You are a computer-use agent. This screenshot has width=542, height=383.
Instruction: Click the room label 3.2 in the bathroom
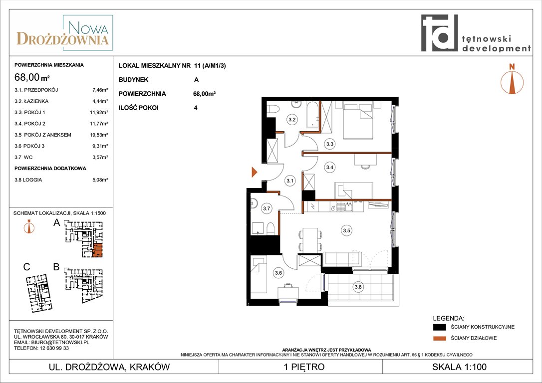click(x=292, y=120)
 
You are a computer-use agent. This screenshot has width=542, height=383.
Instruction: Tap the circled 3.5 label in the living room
click(x=347, y=230)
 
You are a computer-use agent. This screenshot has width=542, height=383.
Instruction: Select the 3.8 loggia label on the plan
click(x=358, y=287)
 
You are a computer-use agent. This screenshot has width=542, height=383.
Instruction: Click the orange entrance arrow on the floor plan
click(x=255, y=172)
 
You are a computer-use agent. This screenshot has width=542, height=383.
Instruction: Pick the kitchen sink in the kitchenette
click(x=344, y=206)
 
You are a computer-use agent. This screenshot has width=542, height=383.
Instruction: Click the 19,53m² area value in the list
click(x=99, y=135)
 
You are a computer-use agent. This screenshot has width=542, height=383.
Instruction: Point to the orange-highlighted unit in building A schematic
click(x=98, y=250)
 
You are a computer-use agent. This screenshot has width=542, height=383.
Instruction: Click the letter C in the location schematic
click(x=26, y=267)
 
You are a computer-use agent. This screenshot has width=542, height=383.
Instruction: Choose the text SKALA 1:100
click(x=459, y=367)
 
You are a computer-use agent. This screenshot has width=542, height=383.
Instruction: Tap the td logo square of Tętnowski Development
click(x=439, y=33)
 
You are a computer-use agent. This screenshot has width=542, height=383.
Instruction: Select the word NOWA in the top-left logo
click(x=88, y=27)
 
